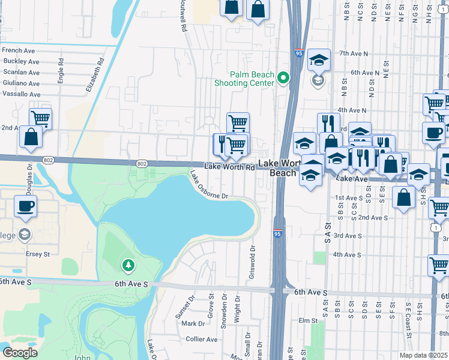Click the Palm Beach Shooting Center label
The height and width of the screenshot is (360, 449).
(244, 79)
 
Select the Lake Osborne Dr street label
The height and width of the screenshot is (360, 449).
(209, 187)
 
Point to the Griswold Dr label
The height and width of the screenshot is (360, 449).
(253, 262)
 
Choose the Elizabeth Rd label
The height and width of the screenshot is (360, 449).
(95, 74)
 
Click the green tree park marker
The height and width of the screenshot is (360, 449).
(127, 265)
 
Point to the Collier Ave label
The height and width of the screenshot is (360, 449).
(202, 339)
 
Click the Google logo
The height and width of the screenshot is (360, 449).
(20, 353)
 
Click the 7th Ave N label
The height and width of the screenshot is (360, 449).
(353, 53)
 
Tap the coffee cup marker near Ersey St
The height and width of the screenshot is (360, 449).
(25, 206)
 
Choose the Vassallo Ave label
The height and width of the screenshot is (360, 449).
(21, 94)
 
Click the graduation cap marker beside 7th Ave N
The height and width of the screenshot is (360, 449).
(319, 60)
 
